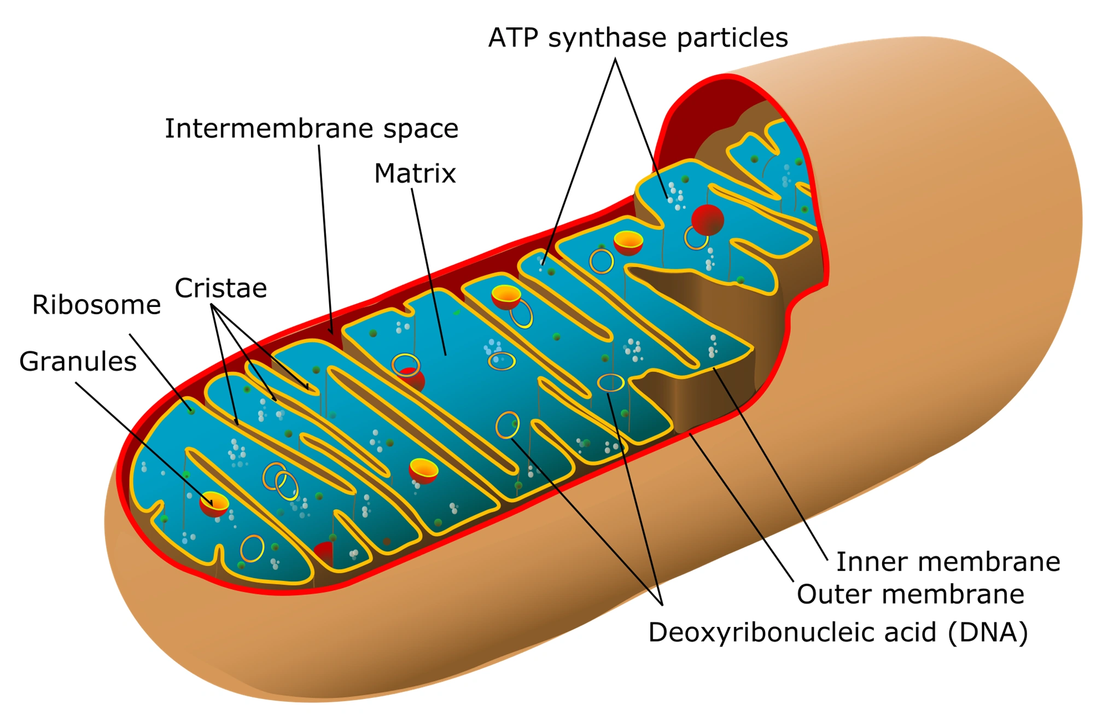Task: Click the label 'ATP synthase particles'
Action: pos(638,38)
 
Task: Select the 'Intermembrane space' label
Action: pos(311,129)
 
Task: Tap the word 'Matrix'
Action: pos(415,174)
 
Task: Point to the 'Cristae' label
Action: pos(220,288)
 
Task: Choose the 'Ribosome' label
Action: pos(96,305)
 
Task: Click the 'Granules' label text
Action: pos(78,362)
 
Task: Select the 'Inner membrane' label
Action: pos(948,562)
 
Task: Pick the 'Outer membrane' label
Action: pos(910,594)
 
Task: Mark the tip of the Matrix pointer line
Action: pos(446,355)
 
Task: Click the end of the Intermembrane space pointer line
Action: pos(331,333)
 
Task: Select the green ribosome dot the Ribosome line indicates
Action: pos(191,410)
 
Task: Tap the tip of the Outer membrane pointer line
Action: pos(690,434)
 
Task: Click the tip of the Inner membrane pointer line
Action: pos(714,369)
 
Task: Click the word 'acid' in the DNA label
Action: pos(910,632)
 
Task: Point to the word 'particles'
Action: pos(732,38)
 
